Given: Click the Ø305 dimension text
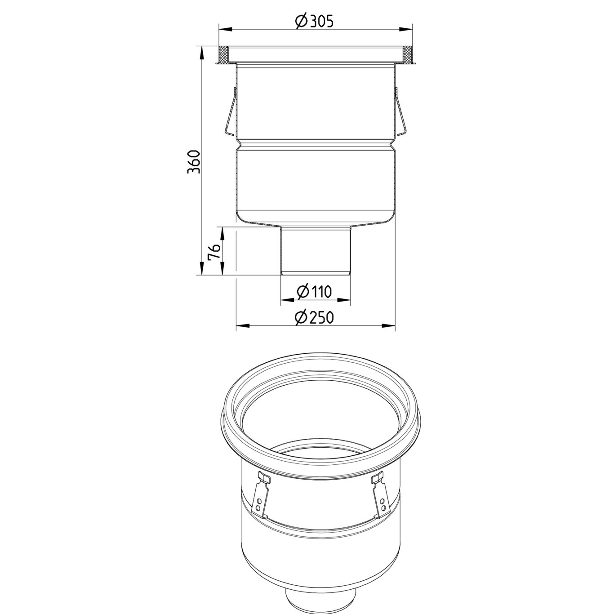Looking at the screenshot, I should (x=315, y=21).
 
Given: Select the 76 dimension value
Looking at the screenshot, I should (x=214, y=252).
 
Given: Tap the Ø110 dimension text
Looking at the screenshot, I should (x=315, y=292).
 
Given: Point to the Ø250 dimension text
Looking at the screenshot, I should (x=315, y=318).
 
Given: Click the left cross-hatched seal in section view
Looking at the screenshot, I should (x=223, y=56).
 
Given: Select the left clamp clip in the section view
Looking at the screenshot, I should (x=230, y=112).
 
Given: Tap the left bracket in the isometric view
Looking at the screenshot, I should (x=260, y=494).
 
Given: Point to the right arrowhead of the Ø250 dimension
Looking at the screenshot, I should (x=391, y=326).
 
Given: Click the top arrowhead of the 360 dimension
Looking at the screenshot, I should (x=201, y=50).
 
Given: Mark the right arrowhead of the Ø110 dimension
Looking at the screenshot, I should (x=347, y=300).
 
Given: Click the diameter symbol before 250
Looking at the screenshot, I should (x=301, y=318).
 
